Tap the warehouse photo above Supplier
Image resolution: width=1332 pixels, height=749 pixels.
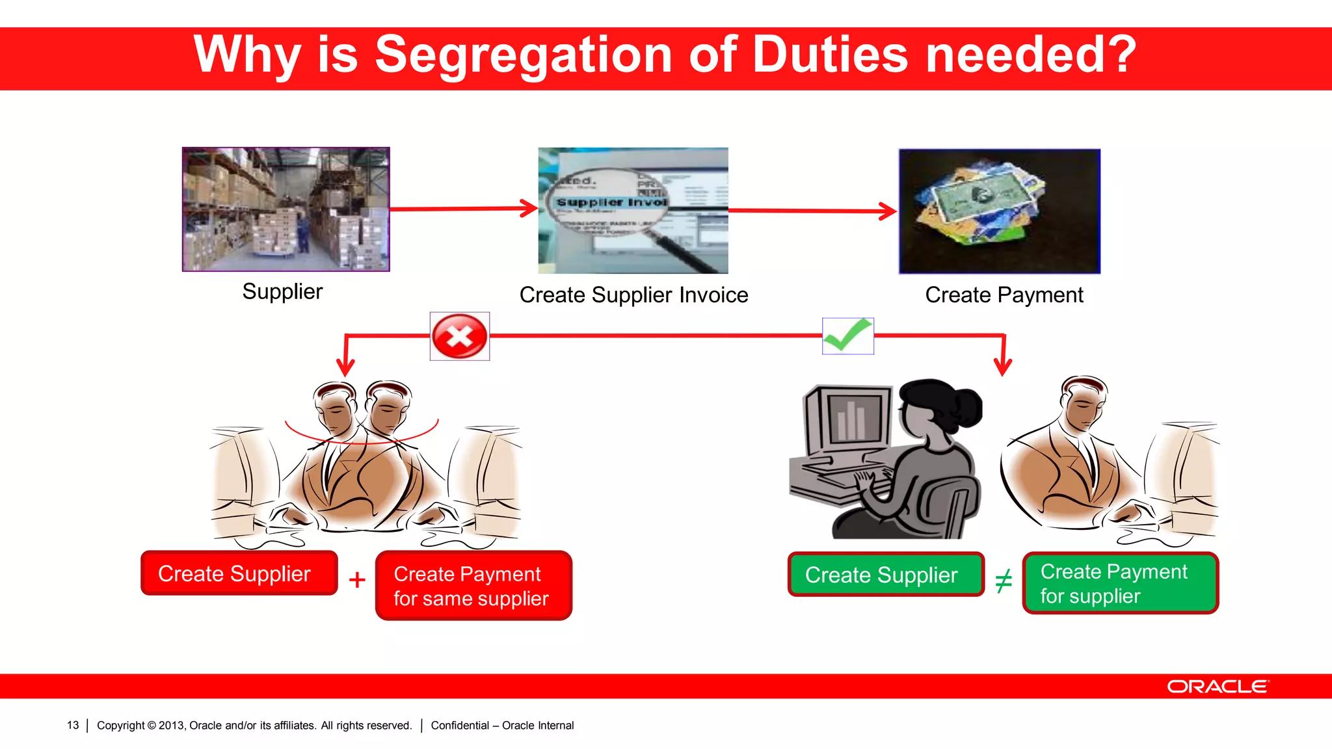(286, 209)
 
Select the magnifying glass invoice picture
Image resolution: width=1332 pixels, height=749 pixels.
(633, 210)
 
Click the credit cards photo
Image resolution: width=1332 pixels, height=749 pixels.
(999, 211)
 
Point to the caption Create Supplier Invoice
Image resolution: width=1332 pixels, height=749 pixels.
(633, 295)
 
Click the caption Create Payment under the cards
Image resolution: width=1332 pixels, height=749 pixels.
(1004, 295)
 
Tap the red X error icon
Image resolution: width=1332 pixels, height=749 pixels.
(459, 336)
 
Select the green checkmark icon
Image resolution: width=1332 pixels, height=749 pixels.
(847, 335)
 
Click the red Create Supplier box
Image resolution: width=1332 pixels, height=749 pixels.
(239, 573)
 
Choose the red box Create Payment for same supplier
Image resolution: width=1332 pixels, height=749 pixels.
(473, 586)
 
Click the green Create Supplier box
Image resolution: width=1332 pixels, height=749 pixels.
(885, 575)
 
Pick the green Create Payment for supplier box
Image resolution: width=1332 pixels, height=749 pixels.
(1120, 583)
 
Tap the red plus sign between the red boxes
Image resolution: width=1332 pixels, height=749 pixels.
(357, 579)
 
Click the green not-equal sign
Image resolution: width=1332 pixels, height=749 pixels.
(1004, 581)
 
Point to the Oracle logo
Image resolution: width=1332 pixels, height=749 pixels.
(1218, 687)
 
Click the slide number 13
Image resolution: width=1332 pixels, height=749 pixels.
(73, 726)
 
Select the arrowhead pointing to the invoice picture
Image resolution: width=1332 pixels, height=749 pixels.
(529, 208)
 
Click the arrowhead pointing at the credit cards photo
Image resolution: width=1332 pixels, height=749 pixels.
(888, 211)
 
